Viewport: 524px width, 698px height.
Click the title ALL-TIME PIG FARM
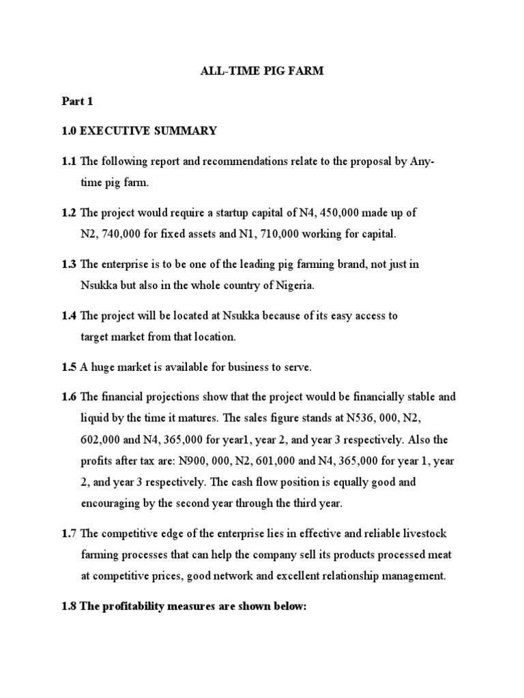[261, 72]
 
